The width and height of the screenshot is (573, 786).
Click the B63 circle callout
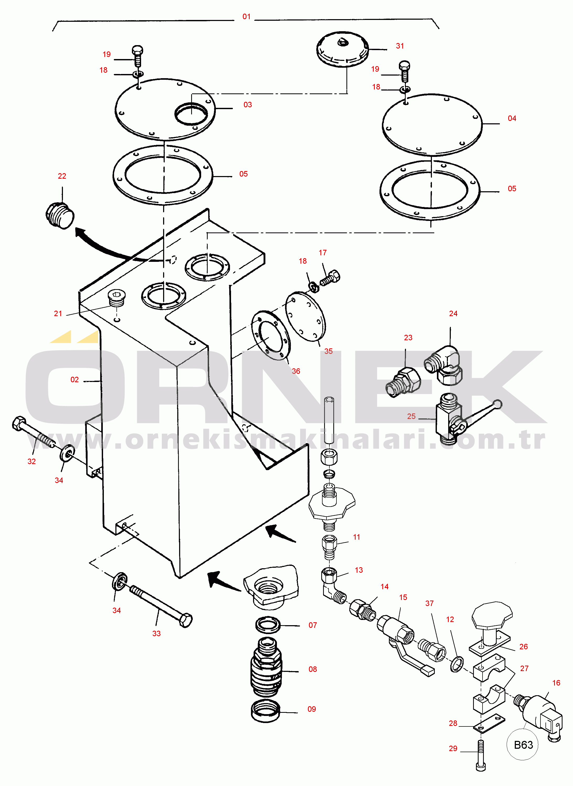tap(523, 745)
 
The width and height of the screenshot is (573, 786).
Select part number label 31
tap(400, 46)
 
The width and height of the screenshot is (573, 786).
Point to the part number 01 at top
tap(246, 17)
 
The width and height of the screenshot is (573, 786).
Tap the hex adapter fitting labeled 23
tap(403, 382)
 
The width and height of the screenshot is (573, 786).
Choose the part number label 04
tap(512, 118)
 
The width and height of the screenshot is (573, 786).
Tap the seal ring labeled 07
tap(268, 625)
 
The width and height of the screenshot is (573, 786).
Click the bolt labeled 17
tap(330, 278)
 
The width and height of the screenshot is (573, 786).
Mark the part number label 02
tap(74, 380)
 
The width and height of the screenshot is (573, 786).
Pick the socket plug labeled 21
tap(116, 298)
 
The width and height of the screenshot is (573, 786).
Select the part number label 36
tap(296, 371)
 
